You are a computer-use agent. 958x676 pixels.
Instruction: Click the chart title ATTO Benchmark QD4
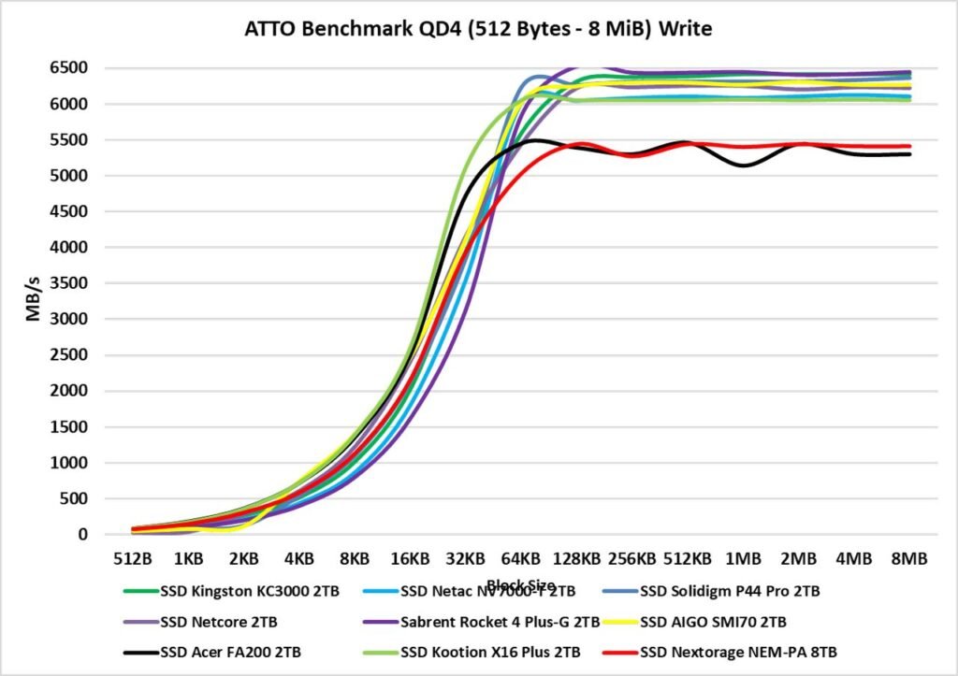point(478,29)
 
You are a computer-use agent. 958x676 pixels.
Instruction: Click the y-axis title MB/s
point(34,299)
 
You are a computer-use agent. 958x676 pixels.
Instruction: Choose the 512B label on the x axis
point(132,559)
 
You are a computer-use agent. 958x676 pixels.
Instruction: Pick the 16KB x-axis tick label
point(410,559)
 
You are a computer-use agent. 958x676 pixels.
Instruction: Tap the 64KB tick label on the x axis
point(520,559)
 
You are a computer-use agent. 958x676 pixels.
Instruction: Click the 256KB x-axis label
point(631,559)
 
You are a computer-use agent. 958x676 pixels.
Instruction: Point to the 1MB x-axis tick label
point(743,559)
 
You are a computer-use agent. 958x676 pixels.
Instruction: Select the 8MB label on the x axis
point(908,559)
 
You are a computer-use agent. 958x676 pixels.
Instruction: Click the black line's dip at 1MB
point(744,165)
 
